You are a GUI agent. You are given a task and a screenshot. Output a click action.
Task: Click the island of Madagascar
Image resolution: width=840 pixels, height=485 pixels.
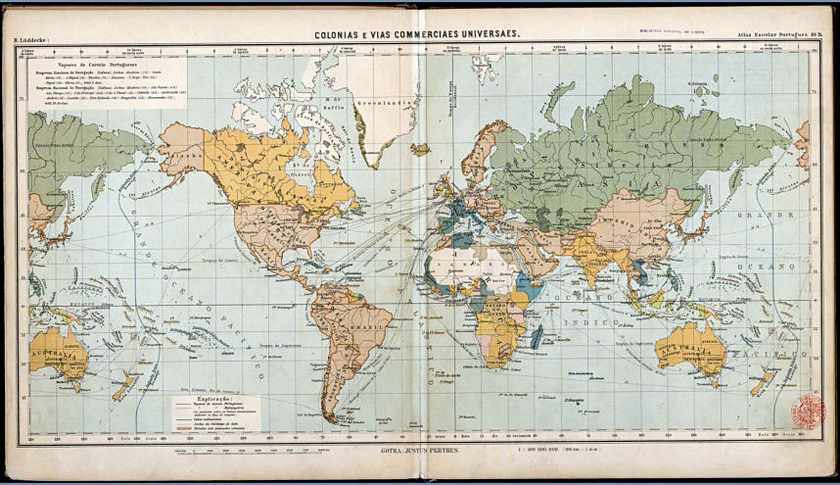[537, 338]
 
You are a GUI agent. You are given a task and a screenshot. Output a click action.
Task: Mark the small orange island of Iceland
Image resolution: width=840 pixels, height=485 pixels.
[421, 150]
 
